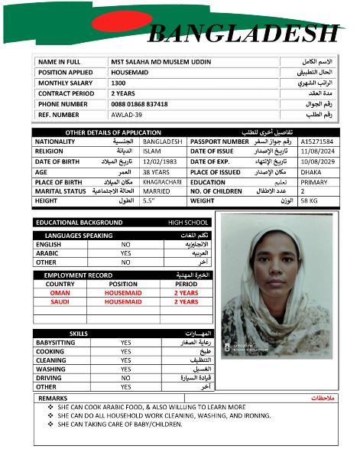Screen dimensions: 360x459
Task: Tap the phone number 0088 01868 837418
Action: (x=139, y=104)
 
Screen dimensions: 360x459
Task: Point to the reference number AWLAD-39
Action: (x=126, y=115)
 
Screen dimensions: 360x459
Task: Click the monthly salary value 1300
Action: (x=118, y=83)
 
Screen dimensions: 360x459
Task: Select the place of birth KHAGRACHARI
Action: (x=162, y=181)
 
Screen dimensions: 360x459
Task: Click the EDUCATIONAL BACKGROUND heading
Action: (x=79, y=223)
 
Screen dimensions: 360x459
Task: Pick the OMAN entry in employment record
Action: (x=60, y=292)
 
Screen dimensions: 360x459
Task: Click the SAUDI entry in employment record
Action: (x=60, y=301)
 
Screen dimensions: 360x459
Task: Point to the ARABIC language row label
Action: (x=47, y=252)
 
